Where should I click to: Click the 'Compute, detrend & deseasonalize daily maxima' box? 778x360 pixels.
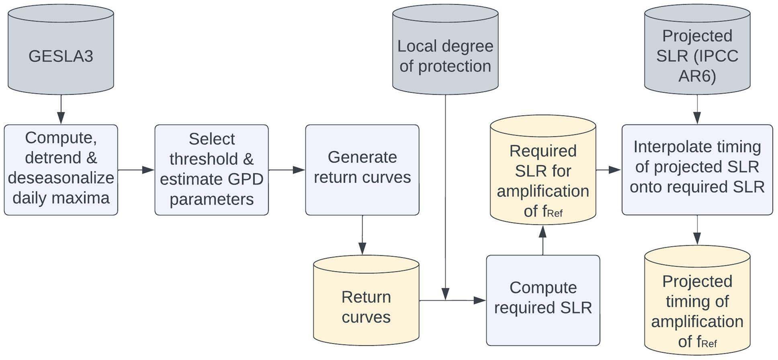[x=61, y=170]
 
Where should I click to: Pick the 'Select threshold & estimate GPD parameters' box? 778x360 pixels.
[x=211, y=170]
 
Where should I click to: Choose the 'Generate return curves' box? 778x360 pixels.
[x=362, y=170]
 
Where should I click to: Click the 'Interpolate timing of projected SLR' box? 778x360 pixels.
[x=697, y=170]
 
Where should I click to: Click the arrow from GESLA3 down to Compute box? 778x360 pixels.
[x=61, y=109]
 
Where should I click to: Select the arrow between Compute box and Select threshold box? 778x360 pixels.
[x=136, y=170]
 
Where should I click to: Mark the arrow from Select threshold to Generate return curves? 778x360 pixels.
[x=287, y=170]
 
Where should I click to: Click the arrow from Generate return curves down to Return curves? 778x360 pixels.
[x=362, y=235]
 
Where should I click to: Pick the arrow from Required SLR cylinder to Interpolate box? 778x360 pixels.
[x=609, y=170]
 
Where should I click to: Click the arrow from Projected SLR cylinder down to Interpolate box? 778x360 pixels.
[x=697, y=109]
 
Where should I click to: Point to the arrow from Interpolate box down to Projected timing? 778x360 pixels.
[x=697, y=230]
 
